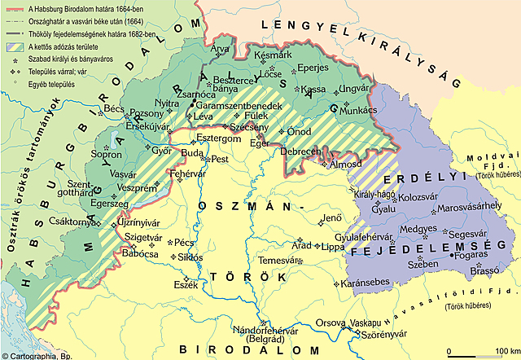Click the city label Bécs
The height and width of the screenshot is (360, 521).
114,108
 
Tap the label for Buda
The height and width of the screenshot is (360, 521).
191,152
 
